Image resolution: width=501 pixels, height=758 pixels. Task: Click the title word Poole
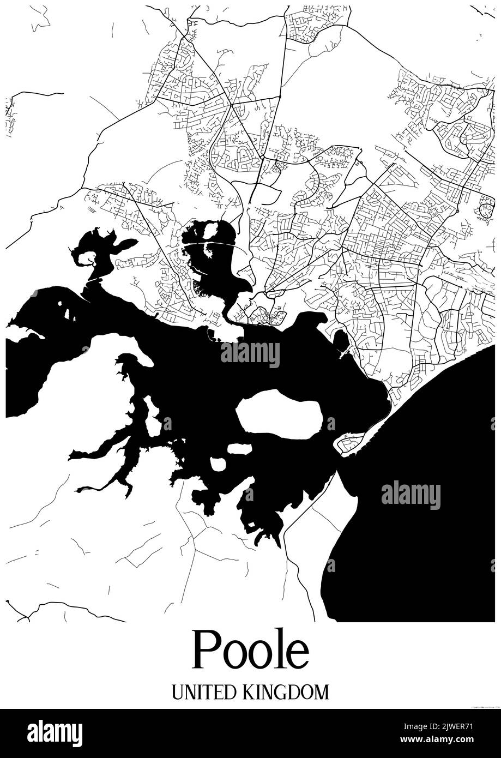(250, 650)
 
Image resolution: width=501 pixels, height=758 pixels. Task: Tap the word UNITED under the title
(196, 692)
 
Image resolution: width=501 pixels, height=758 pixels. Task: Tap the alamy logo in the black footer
(55, 733)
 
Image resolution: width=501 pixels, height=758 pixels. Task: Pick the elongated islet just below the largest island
(240, 449)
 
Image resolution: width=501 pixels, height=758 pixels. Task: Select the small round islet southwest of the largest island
(218, 464)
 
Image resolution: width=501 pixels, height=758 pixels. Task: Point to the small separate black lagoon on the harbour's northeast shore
(341, 341)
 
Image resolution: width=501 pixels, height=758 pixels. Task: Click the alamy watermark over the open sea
(411, 495)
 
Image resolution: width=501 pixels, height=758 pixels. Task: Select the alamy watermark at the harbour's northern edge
(250, 354)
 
